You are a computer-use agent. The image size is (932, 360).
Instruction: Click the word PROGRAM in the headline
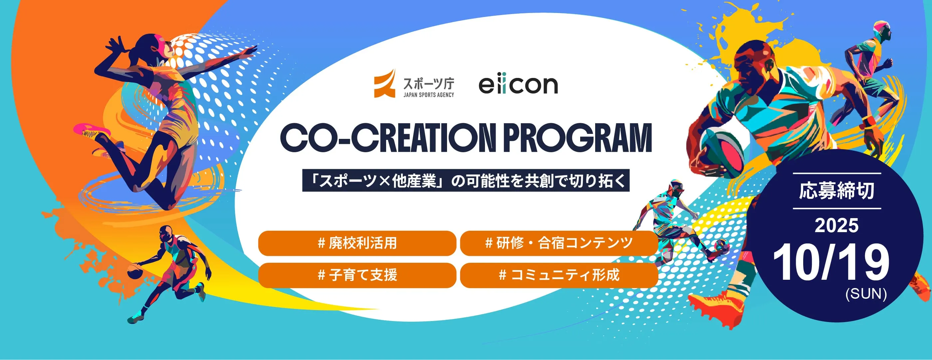pos(578,138)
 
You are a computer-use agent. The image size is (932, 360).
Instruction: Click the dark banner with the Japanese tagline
pos(466,180)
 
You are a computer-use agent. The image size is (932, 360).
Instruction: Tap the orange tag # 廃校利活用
pos(357,243)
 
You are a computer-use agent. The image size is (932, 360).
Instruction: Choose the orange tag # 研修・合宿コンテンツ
pos(559,243)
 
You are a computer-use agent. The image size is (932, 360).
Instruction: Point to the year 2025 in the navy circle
pos(836,225)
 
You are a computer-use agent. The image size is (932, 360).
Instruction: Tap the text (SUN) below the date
pos(866,293)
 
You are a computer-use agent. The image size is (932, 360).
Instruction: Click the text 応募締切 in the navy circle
pos(836,191)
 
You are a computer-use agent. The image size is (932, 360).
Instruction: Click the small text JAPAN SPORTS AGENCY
pos(429,95)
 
